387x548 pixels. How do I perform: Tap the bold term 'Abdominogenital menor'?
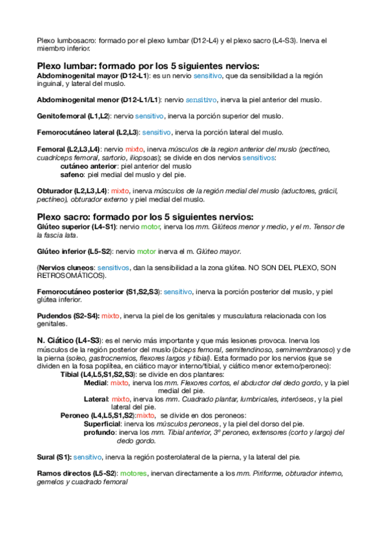tap(78, 100)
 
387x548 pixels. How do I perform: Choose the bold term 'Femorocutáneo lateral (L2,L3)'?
tap(88, 132)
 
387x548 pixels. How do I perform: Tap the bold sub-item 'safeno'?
tap(72, 174)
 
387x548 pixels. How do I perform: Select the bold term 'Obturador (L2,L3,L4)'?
tap(72, 191)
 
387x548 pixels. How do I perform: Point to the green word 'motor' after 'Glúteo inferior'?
tap(146, 251)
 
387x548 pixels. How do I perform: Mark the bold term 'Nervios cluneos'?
tap(67, 268)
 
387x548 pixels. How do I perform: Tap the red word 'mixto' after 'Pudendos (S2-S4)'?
tap(110, 316)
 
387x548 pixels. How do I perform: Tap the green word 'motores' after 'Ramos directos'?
tap(134, 474)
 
